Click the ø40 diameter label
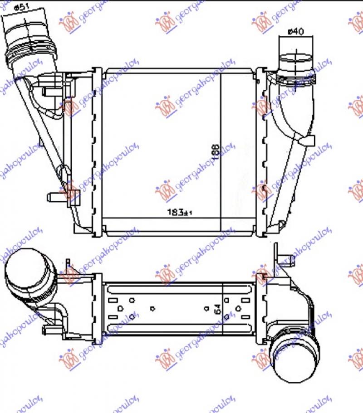[x=296, y=31]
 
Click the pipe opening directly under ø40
[x=295, y=59]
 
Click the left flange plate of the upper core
[x=97, y=152]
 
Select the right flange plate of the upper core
[x=260, y=152]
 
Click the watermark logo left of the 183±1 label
[x=165, y=192]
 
